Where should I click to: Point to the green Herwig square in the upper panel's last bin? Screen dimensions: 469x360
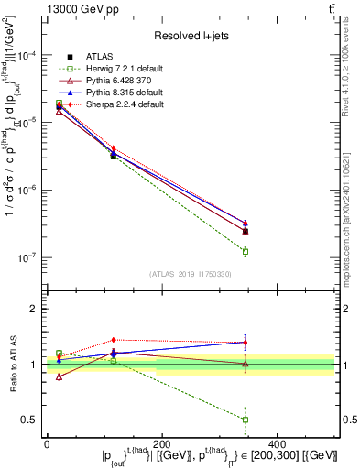[245, 251]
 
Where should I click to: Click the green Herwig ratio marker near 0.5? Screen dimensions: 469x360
[245, 420]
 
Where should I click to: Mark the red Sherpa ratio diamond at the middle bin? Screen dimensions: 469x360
[113, 340]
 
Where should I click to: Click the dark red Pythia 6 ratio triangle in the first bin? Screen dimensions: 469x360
[60, 376]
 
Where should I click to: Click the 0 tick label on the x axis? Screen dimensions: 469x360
[47, 444]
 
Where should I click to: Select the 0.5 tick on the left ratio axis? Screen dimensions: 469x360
[29, 420]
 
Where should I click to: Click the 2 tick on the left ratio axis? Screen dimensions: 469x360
[35, 310]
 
